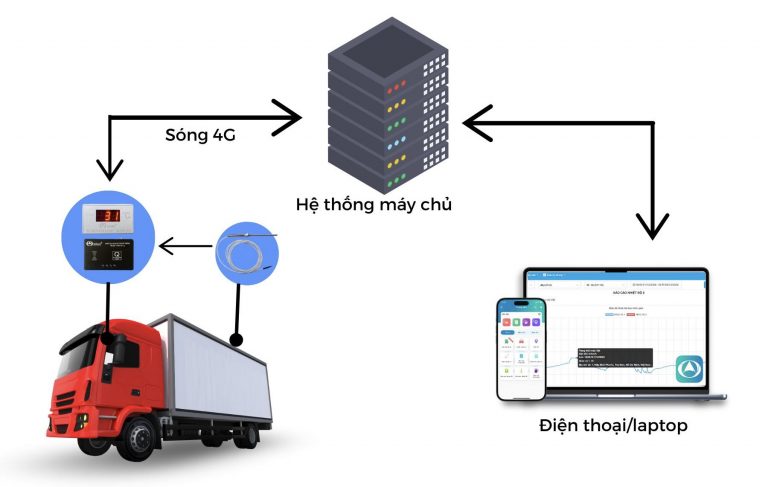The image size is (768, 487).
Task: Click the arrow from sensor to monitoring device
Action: click(x=184, y=243)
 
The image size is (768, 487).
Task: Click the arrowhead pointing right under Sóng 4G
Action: click(x=290, y=121)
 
